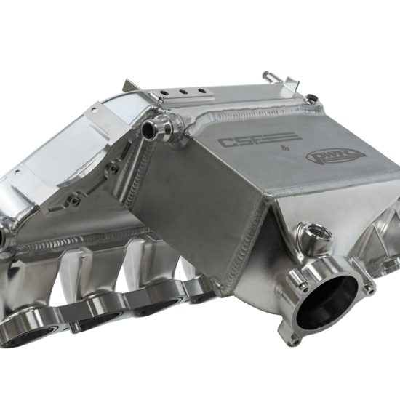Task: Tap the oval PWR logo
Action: pos(336,156)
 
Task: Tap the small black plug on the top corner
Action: pos(311,97)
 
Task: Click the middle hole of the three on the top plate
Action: pos(183,92)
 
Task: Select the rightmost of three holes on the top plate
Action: pos(201,91)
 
